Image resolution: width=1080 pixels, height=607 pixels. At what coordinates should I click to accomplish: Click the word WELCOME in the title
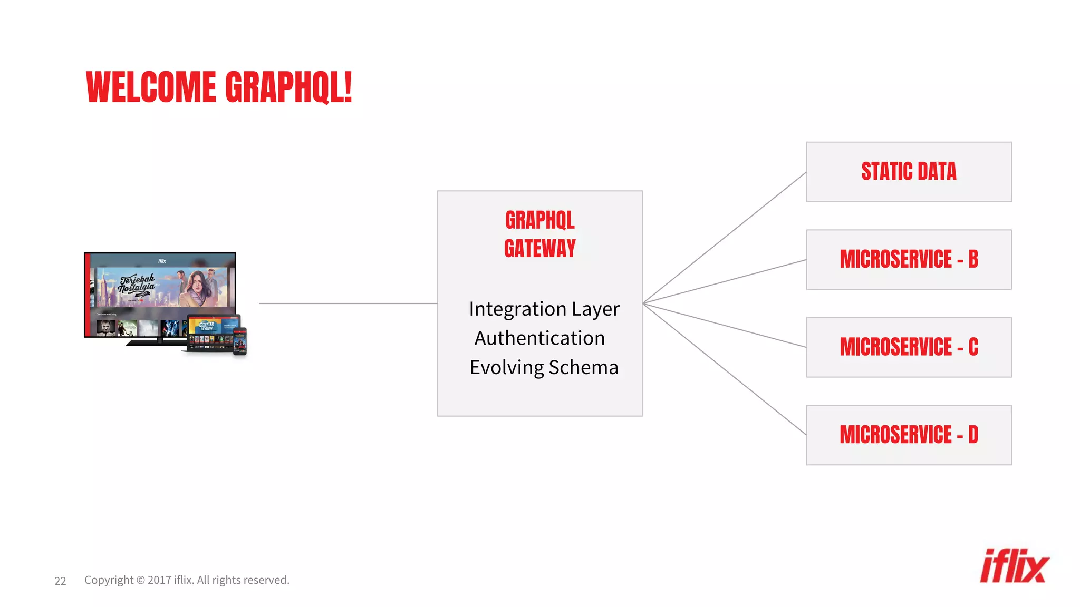point(151,87)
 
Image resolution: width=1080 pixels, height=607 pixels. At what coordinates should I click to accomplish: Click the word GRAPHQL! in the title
point(288,87)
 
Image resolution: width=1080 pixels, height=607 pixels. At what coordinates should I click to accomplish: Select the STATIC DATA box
point(908,172)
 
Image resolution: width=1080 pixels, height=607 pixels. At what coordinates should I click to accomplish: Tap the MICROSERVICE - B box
point(908,259)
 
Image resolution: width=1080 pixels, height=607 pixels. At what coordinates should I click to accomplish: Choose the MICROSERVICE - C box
point(908,347)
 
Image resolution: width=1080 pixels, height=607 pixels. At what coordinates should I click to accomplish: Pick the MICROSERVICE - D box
point(908,435)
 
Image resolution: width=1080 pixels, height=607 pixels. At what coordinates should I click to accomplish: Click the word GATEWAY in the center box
point(539,249)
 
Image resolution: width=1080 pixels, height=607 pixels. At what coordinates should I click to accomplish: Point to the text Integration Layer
point(544,309)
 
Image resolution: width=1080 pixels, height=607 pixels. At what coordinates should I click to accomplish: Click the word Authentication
point(539,338)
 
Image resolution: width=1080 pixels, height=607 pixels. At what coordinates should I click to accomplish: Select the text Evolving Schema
point(544,367)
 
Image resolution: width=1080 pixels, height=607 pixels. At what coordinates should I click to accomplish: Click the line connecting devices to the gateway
point(348,303)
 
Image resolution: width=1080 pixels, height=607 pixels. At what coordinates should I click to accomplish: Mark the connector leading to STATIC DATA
point(725,237)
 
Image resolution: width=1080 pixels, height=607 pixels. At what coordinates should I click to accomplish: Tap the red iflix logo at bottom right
point(1014,566)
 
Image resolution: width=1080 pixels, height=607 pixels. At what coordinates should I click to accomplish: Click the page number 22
point(60,581)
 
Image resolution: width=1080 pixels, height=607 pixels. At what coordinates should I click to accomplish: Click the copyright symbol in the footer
point(140,580)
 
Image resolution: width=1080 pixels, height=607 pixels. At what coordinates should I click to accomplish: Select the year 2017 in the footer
point(159,580)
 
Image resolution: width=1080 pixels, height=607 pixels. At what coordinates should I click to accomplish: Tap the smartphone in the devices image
point(240,341)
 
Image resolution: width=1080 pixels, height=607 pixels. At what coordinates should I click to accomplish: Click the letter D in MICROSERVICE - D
point(973,435)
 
